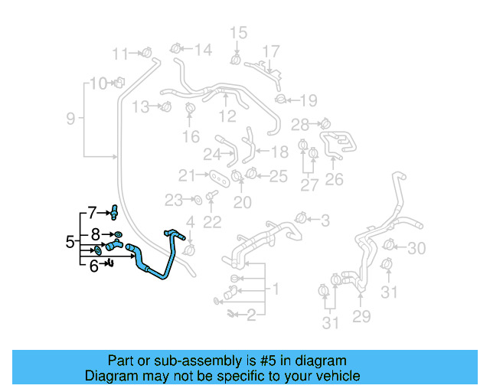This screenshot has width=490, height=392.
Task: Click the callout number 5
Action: [x=70, y=243]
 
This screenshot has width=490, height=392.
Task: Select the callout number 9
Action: [x=70, y=119]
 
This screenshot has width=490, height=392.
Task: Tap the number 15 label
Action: [x=239, y=32]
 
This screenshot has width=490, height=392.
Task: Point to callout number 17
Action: [x=271, y=51]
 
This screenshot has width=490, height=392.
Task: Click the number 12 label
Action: [x=227, y=116]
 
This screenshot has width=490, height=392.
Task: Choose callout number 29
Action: [x=361, y=315]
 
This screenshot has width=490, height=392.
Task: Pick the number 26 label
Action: [x=335, y=180]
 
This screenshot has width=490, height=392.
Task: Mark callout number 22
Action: [x=212, y=222]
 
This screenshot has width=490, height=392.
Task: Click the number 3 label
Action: [x=325, y=221]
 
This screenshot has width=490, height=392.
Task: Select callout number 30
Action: [x=416, y=248]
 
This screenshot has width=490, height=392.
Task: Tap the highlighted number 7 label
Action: [x=92, y=211]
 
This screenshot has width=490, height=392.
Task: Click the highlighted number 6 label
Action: [x=94, y=266]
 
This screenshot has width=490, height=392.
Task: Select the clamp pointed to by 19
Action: [x=281, y=99]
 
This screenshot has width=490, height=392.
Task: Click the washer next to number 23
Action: [x=196, y=201]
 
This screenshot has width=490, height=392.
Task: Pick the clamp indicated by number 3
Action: [x=301, y=220]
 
